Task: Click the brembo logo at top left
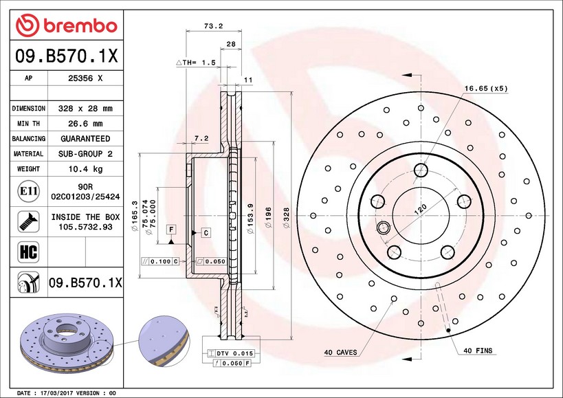coord(67,25)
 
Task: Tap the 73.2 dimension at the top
coord(213,27)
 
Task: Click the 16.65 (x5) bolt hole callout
coord(485,89)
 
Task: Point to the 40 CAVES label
coord(340,352)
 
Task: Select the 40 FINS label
coord(478,351)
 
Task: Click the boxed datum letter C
coord(205,234)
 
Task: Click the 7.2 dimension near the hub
coord(201,138)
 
